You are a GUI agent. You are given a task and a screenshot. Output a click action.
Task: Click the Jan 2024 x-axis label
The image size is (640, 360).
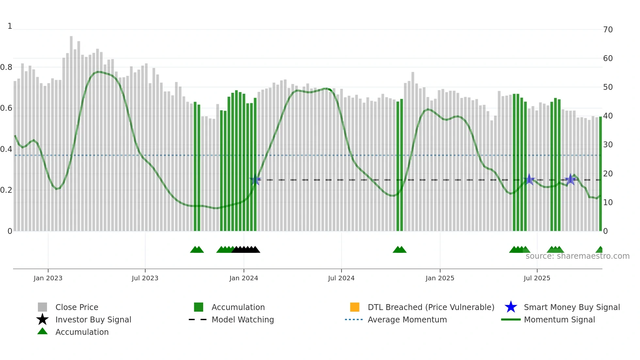click(244, 278)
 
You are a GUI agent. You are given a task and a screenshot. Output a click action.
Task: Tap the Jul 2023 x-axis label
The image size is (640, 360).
click(145, 278)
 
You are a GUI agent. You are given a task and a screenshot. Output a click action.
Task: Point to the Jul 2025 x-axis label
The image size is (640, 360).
click(537, 278)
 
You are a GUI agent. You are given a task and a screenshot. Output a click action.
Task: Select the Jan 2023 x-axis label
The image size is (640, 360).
click(48, 278)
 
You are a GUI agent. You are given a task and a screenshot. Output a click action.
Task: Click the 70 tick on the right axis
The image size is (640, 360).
click(608, 30)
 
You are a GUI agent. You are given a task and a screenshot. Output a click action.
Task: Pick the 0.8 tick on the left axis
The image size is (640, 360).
click(6, 67)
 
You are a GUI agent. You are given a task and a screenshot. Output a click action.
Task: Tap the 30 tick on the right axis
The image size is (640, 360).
click(608, 145)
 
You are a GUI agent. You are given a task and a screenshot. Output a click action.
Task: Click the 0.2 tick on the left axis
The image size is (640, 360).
click(6, 190)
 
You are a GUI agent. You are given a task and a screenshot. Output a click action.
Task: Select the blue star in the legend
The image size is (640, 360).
click(511, 307)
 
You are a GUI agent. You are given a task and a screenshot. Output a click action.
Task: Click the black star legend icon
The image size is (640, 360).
click(42, 319)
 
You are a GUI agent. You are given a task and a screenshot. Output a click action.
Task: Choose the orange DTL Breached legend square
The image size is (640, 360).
click(355, 307)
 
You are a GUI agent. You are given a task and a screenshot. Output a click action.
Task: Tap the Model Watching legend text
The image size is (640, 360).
click(243, 319)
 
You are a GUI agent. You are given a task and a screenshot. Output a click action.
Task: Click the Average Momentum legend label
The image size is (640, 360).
click(407, 319)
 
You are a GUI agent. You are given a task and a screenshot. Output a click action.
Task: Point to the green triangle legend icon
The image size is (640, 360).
click(42, 331)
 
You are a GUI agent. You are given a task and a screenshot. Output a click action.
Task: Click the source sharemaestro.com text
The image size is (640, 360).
click(577, 256)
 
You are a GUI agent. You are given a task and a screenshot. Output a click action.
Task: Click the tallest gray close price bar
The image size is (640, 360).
click(71, 131)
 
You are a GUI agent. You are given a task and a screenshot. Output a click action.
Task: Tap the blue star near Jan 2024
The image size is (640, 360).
click(255, 180)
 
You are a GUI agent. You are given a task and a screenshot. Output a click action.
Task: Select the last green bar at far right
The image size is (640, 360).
click(600, 173)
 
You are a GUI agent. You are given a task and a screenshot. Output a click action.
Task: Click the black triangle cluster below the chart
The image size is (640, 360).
click(246, 250)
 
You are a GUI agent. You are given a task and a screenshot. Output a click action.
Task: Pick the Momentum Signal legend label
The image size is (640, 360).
click(559, 319)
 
